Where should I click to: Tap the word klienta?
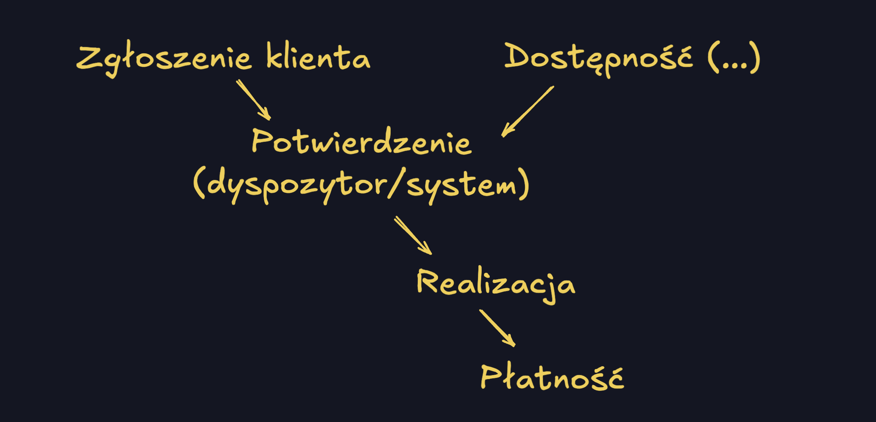318,57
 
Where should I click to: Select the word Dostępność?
598,57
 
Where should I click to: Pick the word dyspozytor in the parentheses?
297,185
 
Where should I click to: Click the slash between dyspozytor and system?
396,184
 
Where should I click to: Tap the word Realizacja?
496,284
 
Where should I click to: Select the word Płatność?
552,378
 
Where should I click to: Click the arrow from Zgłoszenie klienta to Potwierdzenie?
253,99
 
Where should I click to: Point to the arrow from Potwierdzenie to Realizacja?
413,235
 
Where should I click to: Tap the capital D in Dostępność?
518,56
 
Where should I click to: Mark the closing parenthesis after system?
524,184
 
